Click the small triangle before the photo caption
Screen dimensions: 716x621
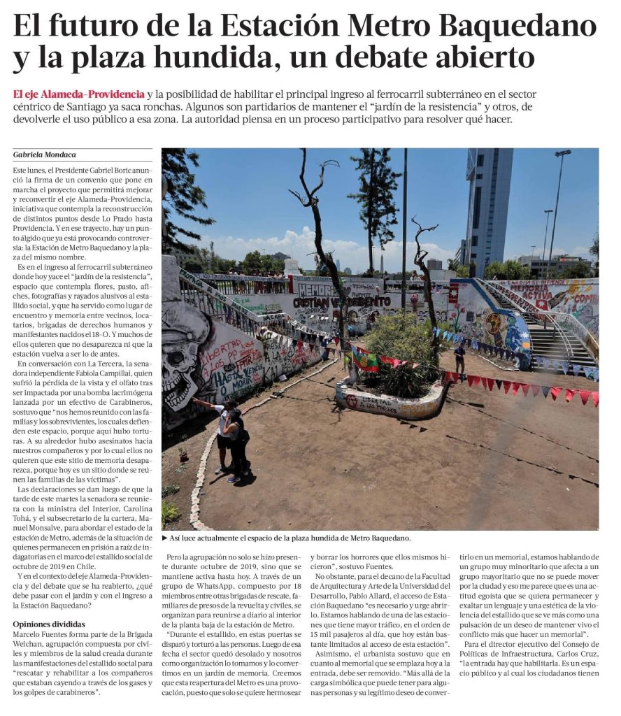pos(165,538)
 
